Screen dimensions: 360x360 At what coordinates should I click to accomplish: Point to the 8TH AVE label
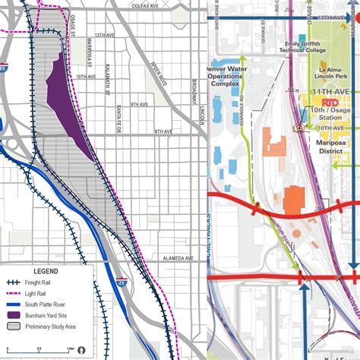pos(139,104)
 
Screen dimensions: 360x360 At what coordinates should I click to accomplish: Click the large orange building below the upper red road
pos(293,199)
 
